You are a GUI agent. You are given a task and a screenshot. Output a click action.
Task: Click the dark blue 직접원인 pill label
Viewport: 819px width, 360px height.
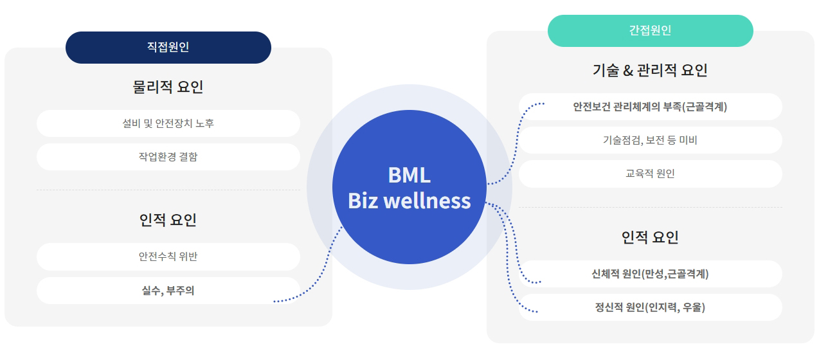point(168,47)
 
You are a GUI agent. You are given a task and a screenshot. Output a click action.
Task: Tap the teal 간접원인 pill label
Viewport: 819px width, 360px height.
point(650,30)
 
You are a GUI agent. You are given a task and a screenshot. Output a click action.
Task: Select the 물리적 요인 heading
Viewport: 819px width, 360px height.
point(168,87)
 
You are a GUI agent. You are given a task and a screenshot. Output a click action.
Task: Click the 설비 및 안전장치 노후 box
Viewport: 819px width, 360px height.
point(168,123)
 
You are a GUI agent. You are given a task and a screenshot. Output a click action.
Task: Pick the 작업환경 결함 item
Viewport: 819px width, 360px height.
point(168,157)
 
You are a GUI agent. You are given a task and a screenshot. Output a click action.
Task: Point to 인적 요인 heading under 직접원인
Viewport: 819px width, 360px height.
point(168,220)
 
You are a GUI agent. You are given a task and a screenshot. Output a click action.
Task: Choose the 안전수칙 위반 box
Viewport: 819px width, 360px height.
point(168,256)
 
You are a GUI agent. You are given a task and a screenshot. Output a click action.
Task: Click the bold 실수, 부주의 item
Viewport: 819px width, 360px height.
point(168,291)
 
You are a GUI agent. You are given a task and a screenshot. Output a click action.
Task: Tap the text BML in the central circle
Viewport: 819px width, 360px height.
point(409,175)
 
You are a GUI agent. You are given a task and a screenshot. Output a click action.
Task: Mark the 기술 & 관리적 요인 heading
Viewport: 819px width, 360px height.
point(650,70)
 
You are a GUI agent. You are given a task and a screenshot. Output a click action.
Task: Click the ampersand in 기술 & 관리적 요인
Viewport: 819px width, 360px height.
point(628,71)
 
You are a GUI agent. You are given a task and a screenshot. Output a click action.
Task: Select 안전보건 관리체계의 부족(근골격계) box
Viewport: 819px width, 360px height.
point(650,107)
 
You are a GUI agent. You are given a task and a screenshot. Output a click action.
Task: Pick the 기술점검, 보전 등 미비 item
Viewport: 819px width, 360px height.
point(650,140)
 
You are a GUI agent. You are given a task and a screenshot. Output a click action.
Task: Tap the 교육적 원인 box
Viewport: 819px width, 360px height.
point(650,174)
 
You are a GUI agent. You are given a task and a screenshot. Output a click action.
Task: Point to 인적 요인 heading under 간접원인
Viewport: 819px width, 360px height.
point(650,237)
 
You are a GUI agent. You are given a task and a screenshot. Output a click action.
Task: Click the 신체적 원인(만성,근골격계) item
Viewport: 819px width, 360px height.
point(650,274)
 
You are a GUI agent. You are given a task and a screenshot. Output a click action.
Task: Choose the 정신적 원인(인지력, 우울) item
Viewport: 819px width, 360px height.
point(650,307)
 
